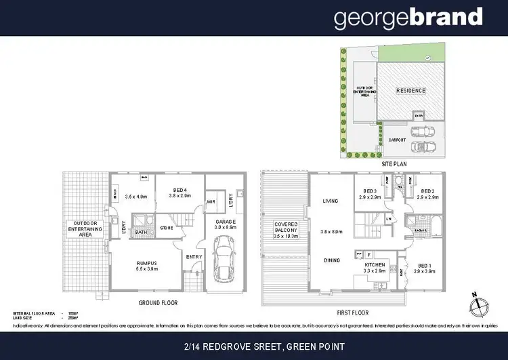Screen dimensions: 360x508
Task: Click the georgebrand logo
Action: pos(408,18)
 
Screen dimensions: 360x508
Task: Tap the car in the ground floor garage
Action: pos(224,266)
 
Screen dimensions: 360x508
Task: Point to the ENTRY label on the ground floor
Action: pos(194,256)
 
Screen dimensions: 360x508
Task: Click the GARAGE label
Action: pos(225,222)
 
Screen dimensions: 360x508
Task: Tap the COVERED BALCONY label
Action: pos(287,228)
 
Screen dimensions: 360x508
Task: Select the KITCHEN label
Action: pos(375,264)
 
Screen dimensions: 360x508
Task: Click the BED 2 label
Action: pos(427,192)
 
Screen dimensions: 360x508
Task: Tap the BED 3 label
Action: pos(369,191)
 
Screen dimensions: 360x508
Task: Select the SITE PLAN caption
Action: pos(395,165)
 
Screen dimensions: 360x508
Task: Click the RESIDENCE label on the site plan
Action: pos(410,90)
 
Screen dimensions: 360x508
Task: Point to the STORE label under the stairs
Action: pos(167,228)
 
